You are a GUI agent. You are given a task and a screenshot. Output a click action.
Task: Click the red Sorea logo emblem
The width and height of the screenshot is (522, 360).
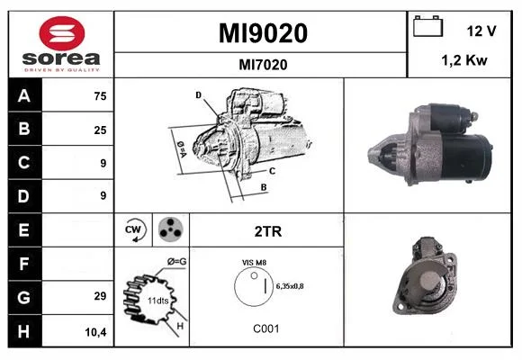pos(62,33)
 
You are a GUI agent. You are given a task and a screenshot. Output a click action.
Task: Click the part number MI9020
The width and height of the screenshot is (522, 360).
pos(263,33)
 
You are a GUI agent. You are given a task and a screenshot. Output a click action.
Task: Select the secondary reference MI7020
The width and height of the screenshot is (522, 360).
pos(263,65)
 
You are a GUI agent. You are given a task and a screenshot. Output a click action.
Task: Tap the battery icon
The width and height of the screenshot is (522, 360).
pos(427,26)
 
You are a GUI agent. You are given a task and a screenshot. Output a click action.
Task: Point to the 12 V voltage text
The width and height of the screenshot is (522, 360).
pos(481,31)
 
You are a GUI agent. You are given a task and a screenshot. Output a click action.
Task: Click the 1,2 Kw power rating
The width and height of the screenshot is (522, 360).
pos(464,60)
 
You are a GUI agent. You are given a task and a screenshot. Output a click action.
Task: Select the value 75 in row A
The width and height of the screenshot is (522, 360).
pos(100,96)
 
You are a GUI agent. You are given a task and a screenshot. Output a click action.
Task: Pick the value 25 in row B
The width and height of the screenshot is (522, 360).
pos(100,130)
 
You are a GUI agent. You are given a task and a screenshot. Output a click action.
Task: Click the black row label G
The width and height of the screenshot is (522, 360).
pos(25,297)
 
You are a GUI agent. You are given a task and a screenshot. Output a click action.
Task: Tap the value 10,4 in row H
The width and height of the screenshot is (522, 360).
pos(96,332)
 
